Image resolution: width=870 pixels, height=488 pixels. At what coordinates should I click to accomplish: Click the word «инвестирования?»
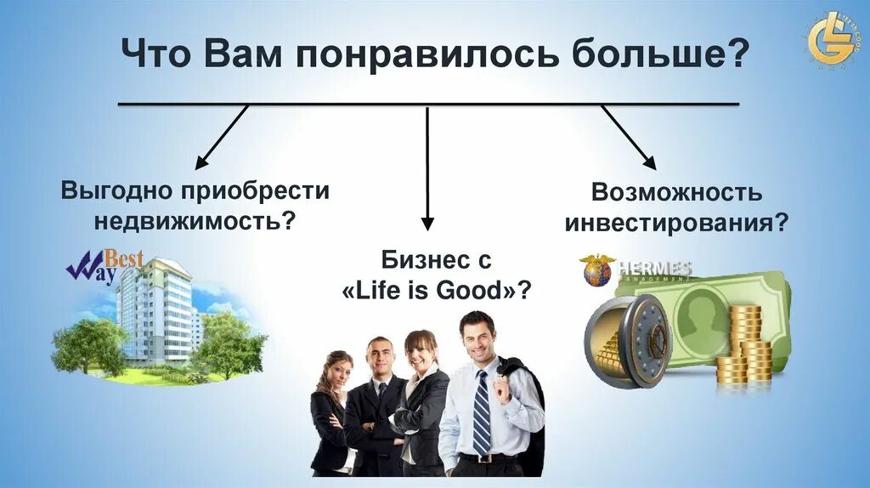676,223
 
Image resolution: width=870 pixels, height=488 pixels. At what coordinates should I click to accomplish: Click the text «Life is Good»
437,290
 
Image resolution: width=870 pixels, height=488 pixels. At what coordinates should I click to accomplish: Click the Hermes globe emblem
597,270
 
